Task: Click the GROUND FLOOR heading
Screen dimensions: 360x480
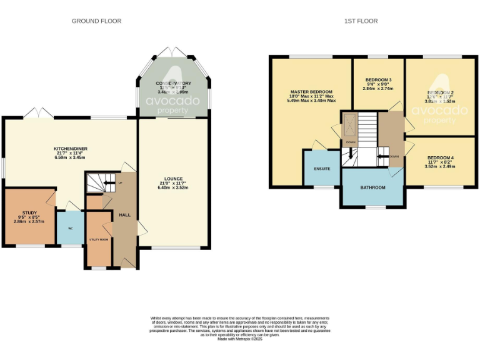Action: [96, 21]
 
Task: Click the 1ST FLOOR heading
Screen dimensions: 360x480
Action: [361, 21]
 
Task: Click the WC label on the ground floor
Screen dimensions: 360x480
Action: [70, 228]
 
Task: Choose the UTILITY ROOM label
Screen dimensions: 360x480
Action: [98, 239]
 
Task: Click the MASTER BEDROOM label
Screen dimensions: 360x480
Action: [311, 91]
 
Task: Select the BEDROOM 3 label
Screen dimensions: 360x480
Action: [378, 80]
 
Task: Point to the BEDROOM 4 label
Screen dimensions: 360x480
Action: [441, 157]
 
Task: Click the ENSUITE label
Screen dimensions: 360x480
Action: [322, 169]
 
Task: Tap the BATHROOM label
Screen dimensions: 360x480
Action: [372, 187]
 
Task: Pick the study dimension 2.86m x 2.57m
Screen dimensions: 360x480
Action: [29, 221]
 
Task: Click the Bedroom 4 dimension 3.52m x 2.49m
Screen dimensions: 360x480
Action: [441, 167]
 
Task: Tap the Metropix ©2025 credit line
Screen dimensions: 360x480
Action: [240, 339]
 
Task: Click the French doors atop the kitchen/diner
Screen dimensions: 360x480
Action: [38, 113]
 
